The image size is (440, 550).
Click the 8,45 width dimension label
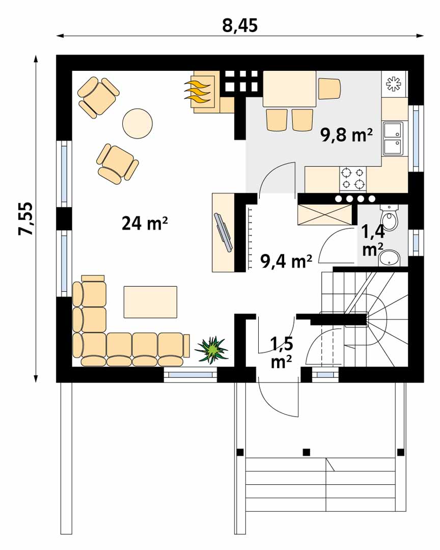point(240,25)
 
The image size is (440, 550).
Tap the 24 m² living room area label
point(145,223)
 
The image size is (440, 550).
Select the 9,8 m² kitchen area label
point(346,134)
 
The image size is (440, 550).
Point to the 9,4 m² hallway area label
point(286,261)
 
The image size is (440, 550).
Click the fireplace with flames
point(203,92)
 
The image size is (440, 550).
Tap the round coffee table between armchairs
point(137,123)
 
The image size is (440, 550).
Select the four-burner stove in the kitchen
point(352,179)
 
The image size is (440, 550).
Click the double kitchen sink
point(393,139)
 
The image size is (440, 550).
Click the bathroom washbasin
point(390,259)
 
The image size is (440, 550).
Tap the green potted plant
point(211,349)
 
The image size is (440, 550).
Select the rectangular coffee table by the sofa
point(150,302)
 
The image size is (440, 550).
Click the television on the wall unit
point(223,232)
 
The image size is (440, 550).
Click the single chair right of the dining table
point(329,89)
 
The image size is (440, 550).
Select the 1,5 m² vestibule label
point(282,352)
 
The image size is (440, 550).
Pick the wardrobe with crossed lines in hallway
point(324,214)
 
